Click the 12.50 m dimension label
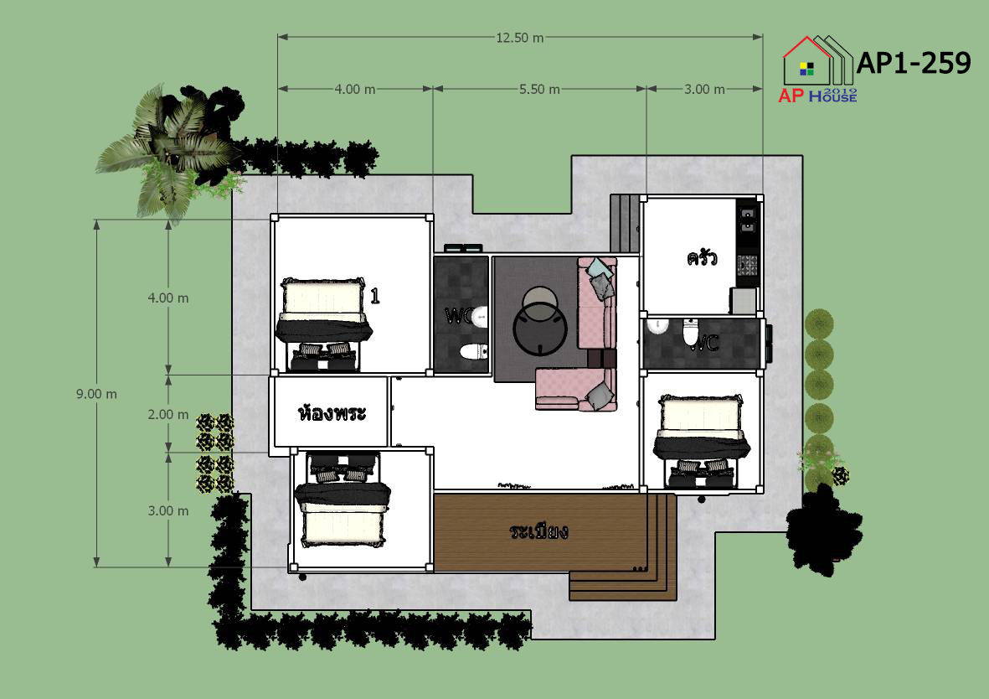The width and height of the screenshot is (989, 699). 519,38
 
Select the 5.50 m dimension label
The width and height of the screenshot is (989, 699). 539,89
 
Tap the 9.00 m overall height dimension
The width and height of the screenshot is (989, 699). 96,394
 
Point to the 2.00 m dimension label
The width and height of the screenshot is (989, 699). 167,414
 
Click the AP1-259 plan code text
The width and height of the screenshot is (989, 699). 914,63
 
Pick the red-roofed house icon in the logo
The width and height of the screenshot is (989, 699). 806,61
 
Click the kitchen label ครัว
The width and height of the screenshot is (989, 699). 702,257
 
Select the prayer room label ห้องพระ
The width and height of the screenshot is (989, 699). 331,413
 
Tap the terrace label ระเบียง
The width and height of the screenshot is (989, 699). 538,531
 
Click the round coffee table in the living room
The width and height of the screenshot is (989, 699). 540,329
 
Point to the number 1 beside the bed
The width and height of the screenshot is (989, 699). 374,296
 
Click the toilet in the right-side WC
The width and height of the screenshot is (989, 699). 691,332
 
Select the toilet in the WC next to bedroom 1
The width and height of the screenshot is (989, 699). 474,351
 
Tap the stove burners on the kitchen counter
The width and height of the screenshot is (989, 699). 748,265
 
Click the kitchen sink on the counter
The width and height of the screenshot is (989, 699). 748,217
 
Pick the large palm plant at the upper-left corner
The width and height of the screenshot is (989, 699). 167,148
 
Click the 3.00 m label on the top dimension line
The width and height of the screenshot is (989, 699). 704,89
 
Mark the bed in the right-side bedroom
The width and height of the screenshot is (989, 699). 702,442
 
